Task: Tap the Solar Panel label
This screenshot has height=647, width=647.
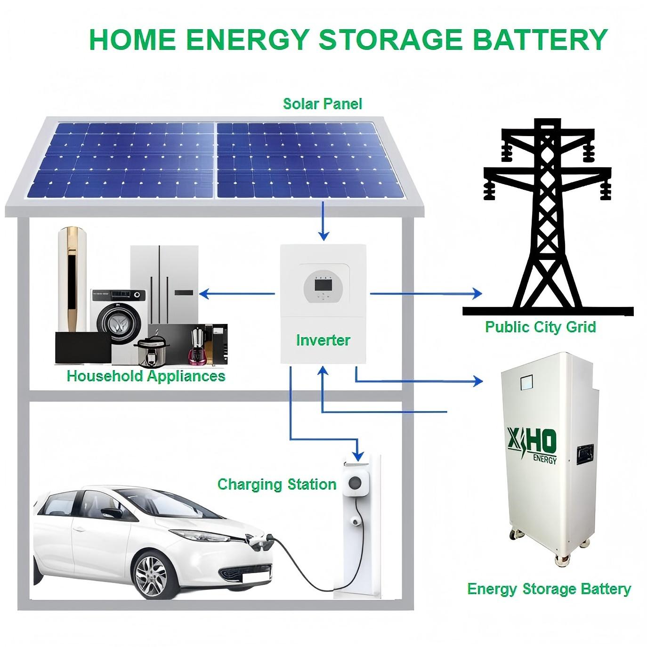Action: pos(323,104)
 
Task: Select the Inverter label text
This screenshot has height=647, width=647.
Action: pos(323,340)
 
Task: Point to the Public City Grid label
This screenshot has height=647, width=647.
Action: pos(541,327)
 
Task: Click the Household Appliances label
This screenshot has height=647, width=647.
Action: pos(146,376)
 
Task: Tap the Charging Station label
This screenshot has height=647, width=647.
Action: pos(277,484)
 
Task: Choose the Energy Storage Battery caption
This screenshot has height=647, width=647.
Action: pos(549,589)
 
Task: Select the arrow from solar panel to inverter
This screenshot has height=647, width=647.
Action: pos(323,221)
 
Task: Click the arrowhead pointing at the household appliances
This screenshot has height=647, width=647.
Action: pos(204,294)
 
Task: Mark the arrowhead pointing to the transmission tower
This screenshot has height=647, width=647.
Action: pos(477,294)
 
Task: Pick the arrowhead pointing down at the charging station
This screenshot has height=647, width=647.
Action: pos(358,456)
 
